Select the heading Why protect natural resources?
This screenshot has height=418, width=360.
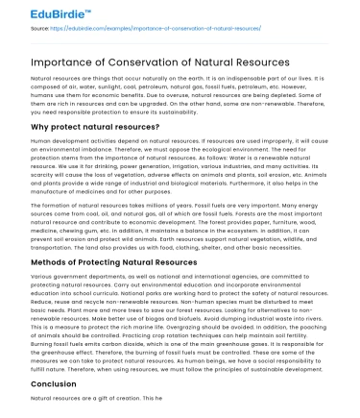tap(93, 126)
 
